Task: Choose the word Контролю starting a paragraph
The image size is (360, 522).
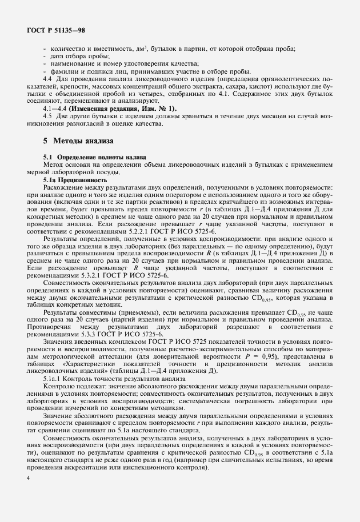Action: point(60,386)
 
